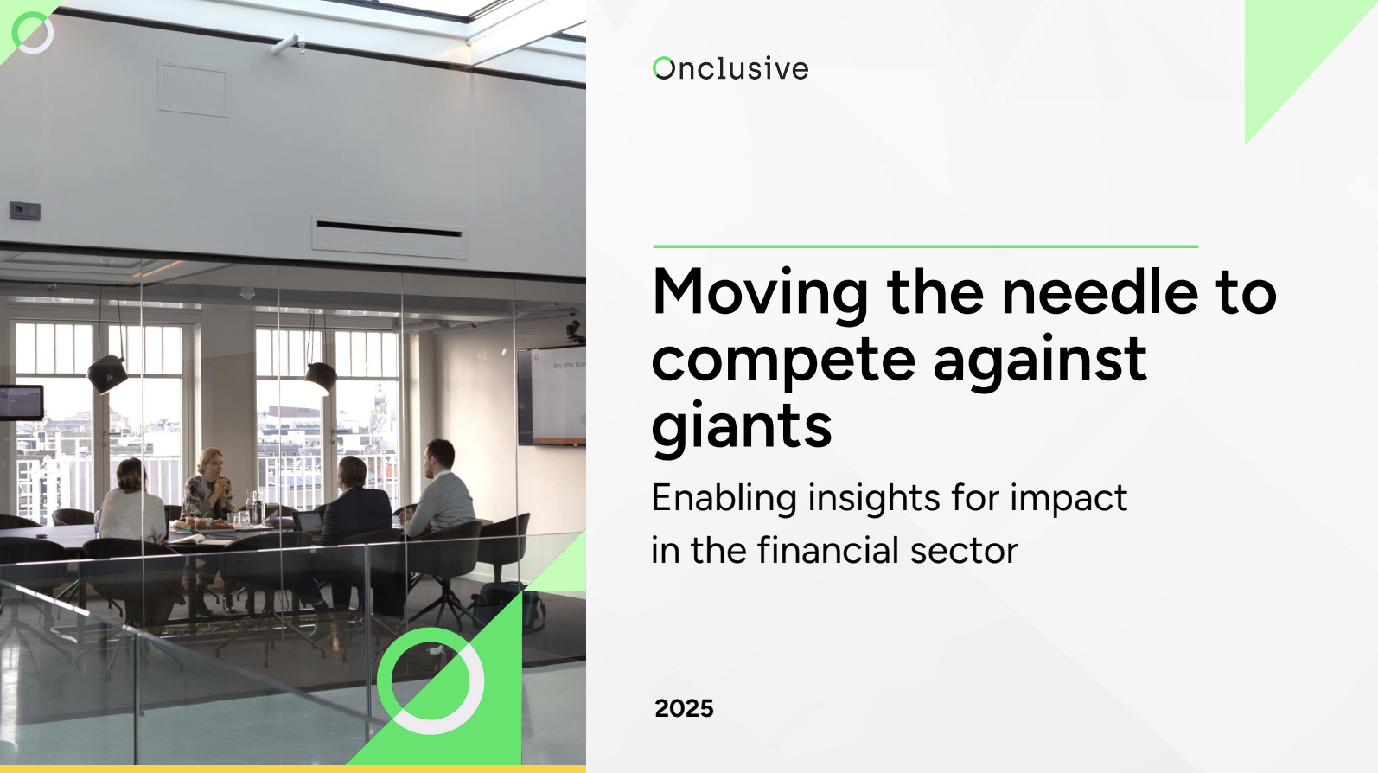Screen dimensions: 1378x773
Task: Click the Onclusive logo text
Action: click(x=730, y=68)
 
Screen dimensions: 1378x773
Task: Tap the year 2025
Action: click(x=684, y=708)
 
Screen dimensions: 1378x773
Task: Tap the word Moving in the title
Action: click(x=760, y=294)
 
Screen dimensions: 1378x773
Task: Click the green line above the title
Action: click(x=925, y=246)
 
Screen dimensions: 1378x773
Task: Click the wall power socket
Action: click(x=25, y=211)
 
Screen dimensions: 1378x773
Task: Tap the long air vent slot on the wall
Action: click(x=389, y=229)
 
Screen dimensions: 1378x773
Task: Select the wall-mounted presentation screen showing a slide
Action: click(x=552, y=397)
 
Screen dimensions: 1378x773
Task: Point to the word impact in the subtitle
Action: click(x=1069, y=499)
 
